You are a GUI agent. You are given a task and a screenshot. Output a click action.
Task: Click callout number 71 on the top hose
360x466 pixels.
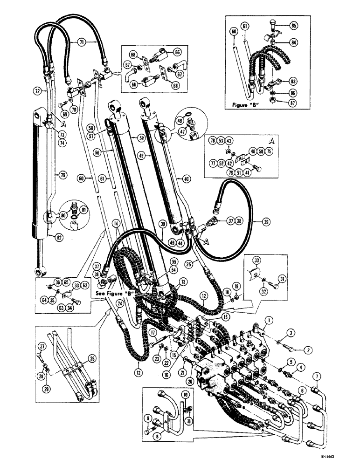pyautogui.click(x=82, y=42)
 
